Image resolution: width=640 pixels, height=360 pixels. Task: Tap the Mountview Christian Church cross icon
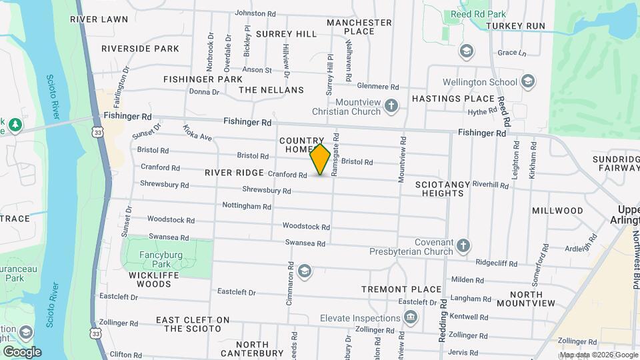[392, 105]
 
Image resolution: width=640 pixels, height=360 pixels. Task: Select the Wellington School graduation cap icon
[528, 82]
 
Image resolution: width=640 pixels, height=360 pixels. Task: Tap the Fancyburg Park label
[155, 259]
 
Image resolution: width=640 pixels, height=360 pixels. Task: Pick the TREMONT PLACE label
[401, 289]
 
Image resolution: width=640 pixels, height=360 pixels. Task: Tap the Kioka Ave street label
[197, 133]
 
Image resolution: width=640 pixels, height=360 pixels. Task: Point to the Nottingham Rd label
[246, 206]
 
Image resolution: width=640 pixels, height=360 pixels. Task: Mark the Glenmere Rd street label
[377, 86]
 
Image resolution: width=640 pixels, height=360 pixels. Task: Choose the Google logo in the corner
[22, 351]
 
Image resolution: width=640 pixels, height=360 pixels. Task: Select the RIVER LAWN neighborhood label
[99, 19]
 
